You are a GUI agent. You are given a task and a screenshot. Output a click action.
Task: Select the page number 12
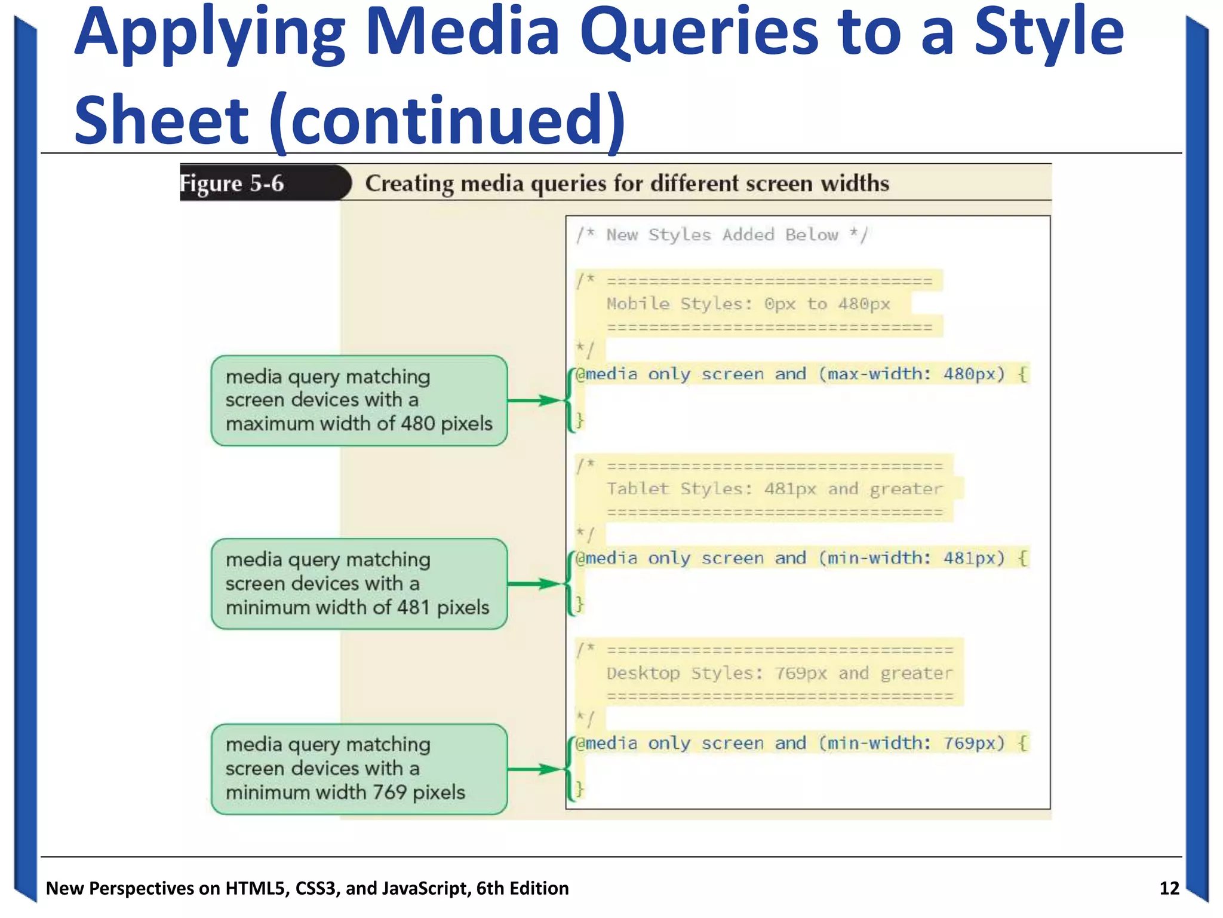(1169, 888)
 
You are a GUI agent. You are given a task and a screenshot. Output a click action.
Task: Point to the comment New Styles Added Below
(722, 235)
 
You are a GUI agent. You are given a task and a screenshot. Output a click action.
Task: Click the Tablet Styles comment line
(774, 489)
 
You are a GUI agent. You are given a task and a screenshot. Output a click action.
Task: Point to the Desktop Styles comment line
(779, 674)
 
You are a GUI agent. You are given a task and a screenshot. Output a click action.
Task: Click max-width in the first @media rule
(874, 374)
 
